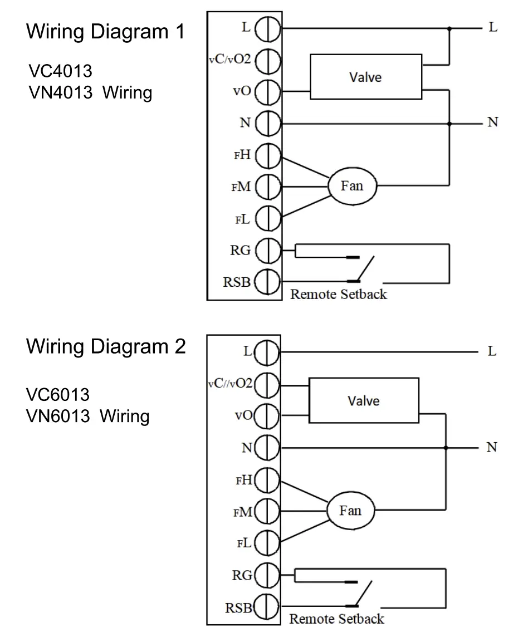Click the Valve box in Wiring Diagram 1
tap(365, 76)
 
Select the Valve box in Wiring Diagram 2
tap(363, 400)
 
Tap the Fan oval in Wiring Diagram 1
tap(352, 185)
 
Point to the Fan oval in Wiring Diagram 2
tap(350, 510)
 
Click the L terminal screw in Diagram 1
tap(267, 28)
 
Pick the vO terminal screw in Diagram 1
tap(267, 91)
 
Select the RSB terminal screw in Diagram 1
tap(267, 282)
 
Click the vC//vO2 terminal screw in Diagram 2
tap(269, 383)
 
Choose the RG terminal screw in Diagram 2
tap(269, 575)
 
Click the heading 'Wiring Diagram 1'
tap(105, 32)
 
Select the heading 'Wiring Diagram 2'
tap(106, 347)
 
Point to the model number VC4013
tap(60, 71)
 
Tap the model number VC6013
tap(58, 395)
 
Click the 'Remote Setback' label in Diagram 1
tap(338, 294)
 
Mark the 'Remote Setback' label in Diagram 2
tap(336, 619)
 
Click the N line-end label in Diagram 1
tap(492, 122)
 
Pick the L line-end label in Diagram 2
tap(492, 351)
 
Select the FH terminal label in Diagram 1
tap(242, 155)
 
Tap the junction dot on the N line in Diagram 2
tap(446, 447)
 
